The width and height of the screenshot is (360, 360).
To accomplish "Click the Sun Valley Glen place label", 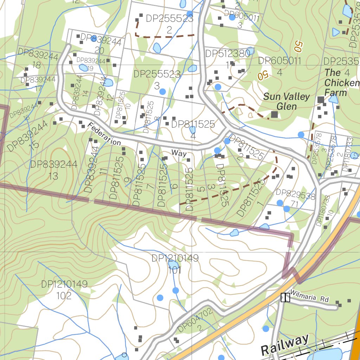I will coord(287,101).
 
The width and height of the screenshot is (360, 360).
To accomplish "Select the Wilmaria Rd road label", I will coord(309,299).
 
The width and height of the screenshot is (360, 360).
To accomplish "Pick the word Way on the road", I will coord(179,153).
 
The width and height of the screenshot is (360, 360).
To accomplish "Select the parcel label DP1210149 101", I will coord(175,264).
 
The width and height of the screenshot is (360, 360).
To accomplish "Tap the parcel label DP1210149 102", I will coord(64,290).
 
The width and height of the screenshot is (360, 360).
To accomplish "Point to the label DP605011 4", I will coord(280,66).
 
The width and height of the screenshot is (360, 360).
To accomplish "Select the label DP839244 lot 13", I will coord(53,170).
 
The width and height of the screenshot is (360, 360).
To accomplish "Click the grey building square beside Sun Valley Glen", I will coord(274,114).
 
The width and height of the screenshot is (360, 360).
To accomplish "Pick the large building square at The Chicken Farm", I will coord(321,100).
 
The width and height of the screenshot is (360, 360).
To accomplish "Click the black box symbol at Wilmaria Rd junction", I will coord(285,298).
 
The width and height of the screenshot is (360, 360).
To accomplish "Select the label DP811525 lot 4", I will coord(193,129).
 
